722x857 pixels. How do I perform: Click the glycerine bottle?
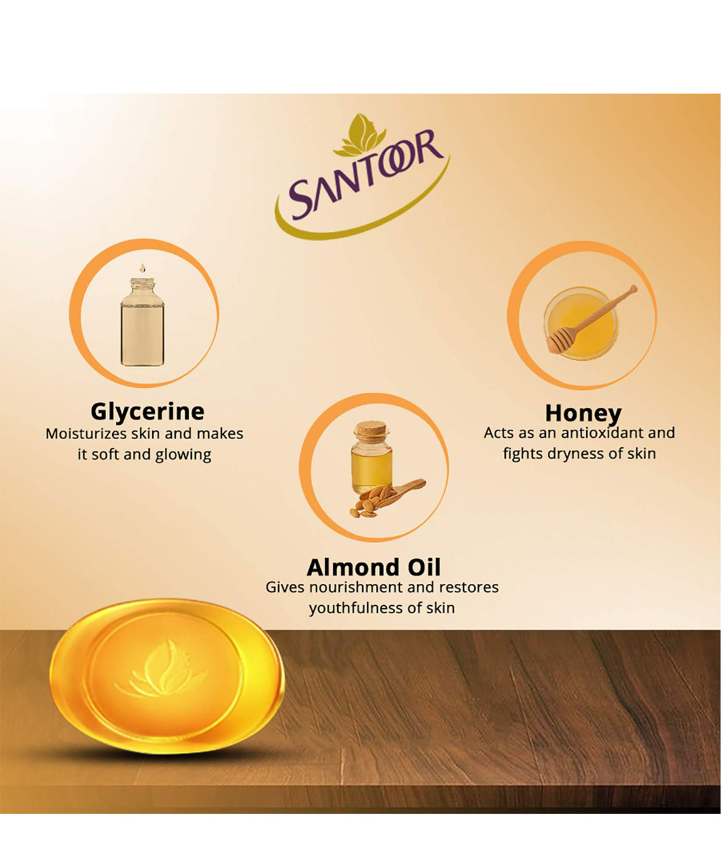142,321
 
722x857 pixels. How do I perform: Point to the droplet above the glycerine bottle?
142,268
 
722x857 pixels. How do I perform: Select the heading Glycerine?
147,412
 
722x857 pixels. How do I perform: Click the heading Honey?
583,413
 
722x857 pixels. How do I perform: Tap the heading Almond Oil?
374,567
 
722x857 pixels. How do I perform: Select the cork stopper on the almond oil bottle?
371,430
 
